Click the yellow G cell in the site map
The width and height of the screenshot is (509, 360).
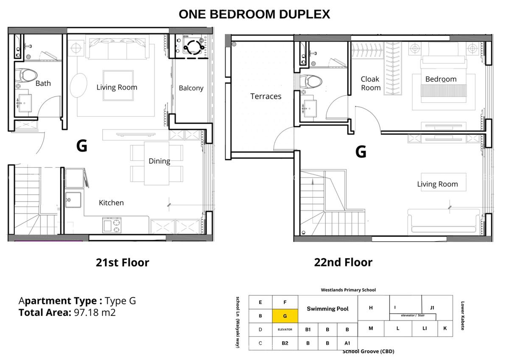pos(285,316)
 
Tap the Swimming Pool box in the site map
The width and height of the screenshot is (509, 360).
pos(327,309)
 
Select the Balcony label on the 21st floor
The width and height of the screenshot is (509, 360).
pos(191,88)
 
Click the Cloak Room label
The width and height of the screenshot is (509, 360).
pos(370,83)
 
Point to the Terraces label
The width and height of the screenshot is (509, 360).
pos(266,96)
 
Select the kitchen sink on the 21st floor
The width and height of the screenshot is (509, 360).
pos(73,200)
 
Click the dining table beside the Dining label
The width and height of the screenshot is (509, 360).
pos(157,163)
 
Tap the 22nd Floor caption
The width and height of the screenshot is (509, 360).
pos(343,262)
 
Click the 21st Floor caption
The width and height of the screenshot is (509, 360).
pos(122,262)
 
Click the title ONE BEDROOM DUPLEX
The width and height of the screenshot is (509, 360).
pos(254,14)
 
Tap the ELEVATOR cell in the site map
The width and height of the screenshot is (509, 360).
pos(285,329)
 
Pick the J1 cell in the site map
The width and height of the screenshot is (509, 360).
pos(432,308)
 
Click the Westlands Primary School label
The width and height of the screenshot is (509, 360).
pos(348,290)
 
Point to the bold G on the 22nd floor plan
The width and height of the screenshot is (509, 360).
pos(361,152)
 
